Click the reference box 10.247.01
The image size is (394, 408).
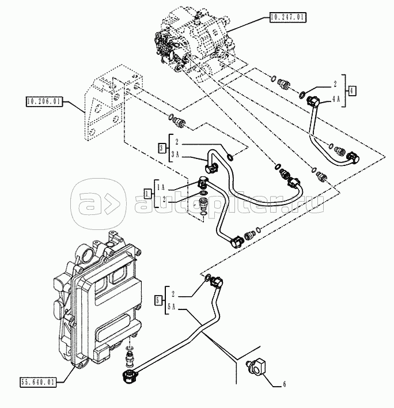coord(288,17)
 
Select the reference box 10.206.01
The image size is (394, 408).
coord(44,101)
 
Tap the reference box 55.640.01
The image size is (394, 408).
coord(38,382)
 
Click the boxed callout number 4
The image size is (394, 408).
coord(351,90)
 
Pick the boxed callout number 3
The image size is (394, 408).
coord(162,148)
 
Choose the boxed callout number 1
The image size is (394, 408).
coord(147,194)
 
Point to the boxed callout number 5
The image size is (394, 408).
coord(158,301)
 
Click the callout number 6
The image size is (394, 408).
coord(284,384)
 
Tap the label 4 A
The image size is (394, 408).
coord(336,99)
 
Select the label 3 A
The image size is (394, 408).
coord(175,154)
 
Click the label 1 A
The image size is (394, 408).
coord(161,187)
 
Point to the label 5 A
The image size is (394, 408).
coord(172,307)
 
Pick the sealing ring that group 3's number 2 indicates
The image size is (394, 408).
coord(230,157)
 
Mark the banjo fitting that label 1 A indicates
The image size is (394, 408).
coord(202,182)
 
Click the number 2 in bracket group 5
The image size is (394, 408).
coord(173,294)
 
